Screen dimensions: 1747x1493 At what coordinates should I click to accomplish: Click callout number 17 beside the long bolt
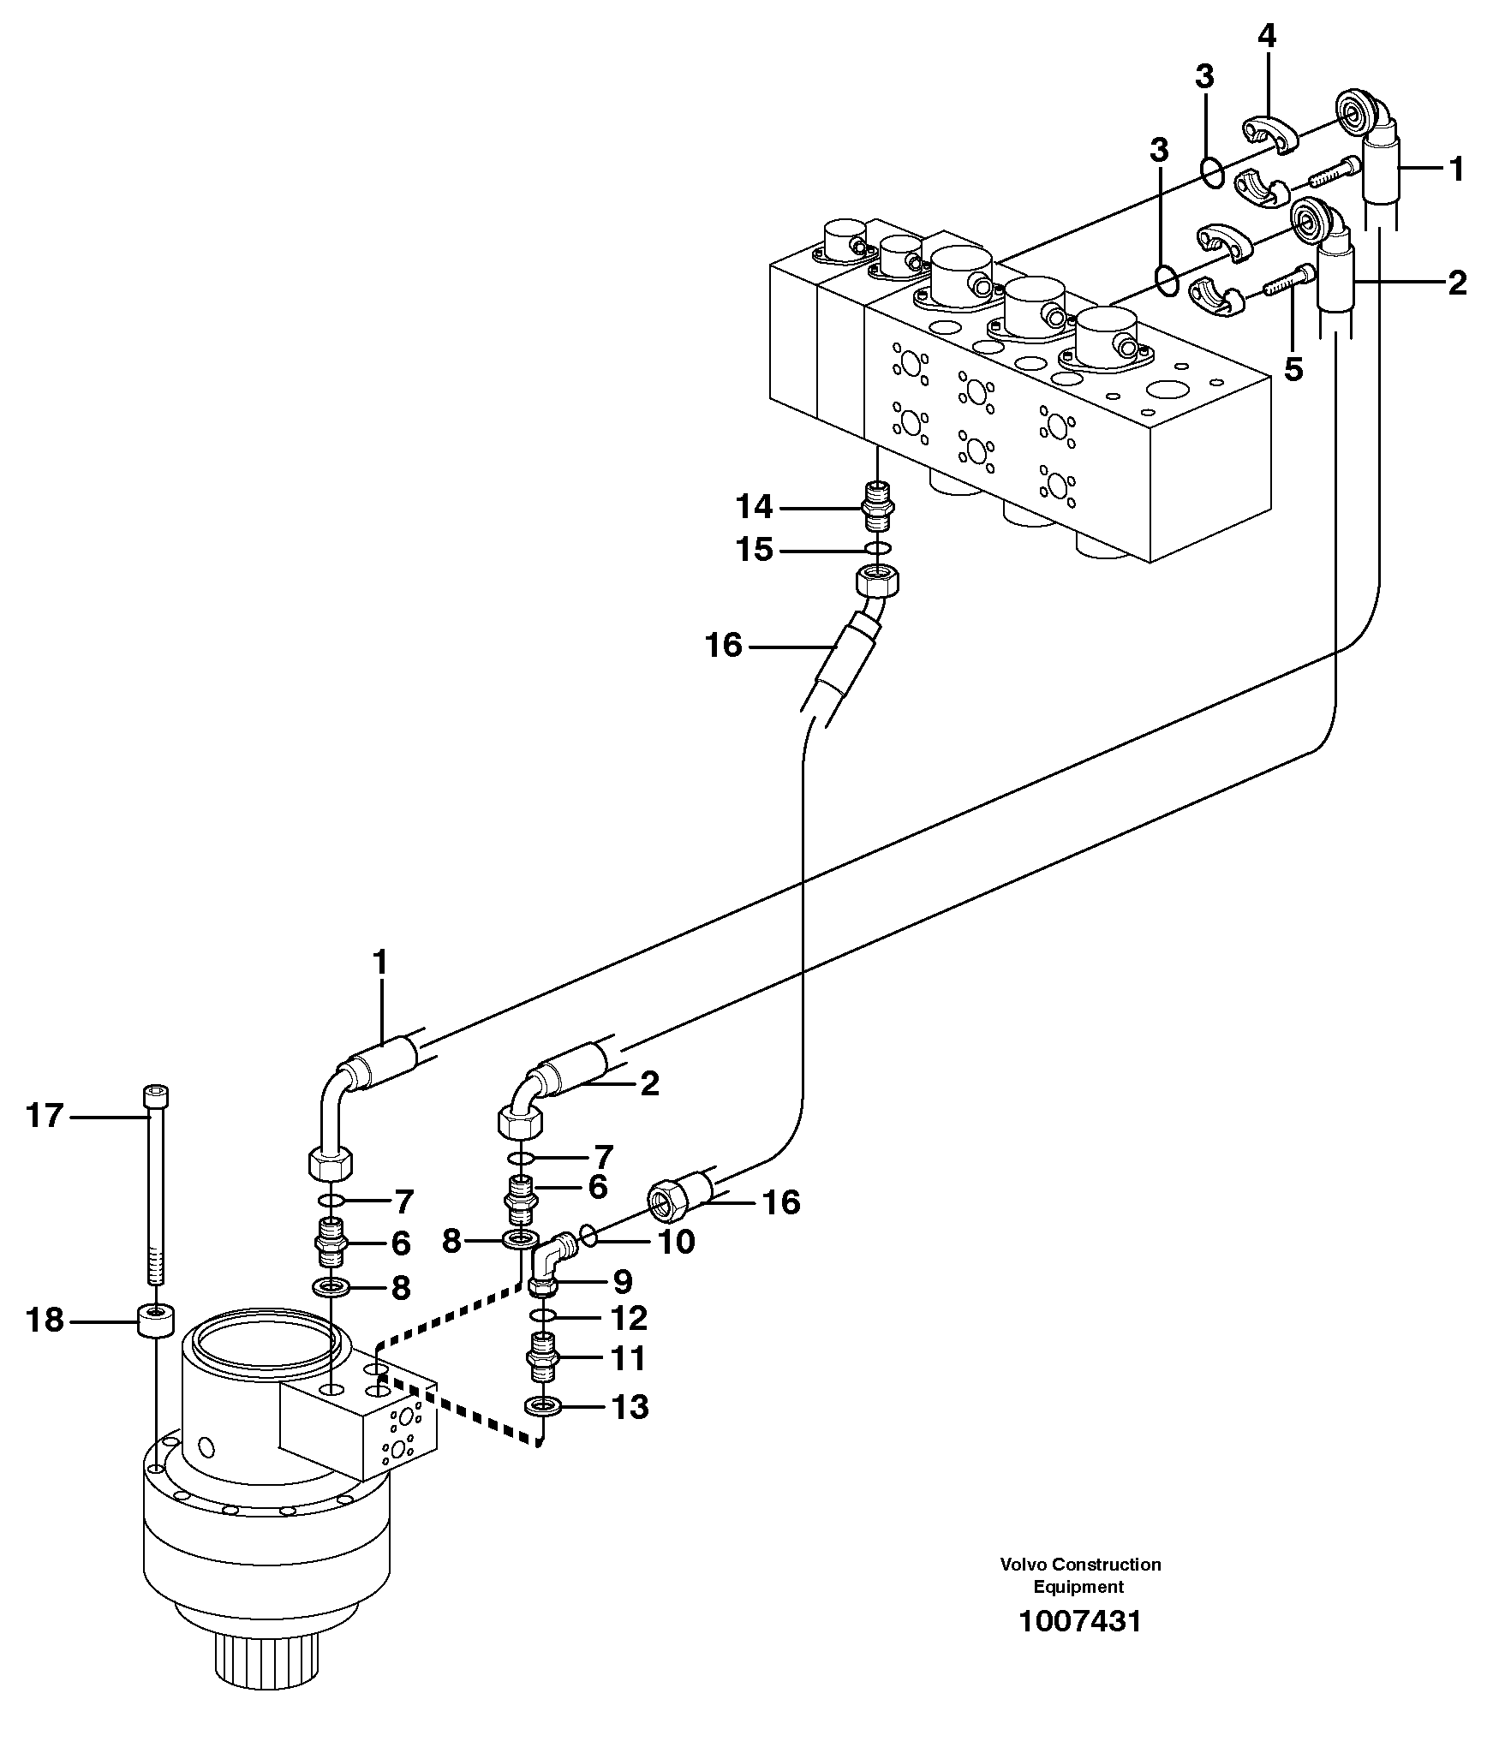[x=45, y=1116]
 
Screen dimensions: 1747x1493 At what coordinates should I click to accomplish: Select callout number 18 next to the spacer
[x=45, y=1320]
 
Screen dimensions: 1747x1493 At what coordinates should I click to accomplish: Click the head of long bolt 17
[x=155, y=1096]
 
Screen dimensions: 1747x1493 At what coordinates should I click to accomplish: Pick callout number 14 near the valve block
[x=754, y=508]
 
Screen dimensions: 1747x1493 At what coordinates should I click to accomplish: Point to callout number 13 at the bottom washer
[x=630, y=1407]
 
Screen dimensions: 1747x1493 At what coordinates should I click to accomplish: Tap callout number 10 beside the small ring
[x=676, y=1241]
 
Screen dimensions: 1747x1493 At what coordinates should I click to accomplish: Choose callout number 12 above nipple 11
[x=630, y=1318]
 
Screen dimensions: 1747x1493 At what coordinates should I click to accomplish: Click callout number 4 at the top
[x=1266, y=36]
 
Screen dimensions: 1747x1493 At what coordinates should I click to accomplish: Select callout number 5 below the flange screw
[x=1293, y=370]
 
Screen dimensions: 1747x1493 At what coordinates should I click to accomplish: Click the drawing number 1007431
[x=1079, y=1621]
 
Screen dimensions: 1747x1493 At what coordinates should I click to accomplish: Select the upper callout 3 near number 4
[x=1203, y=77]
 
